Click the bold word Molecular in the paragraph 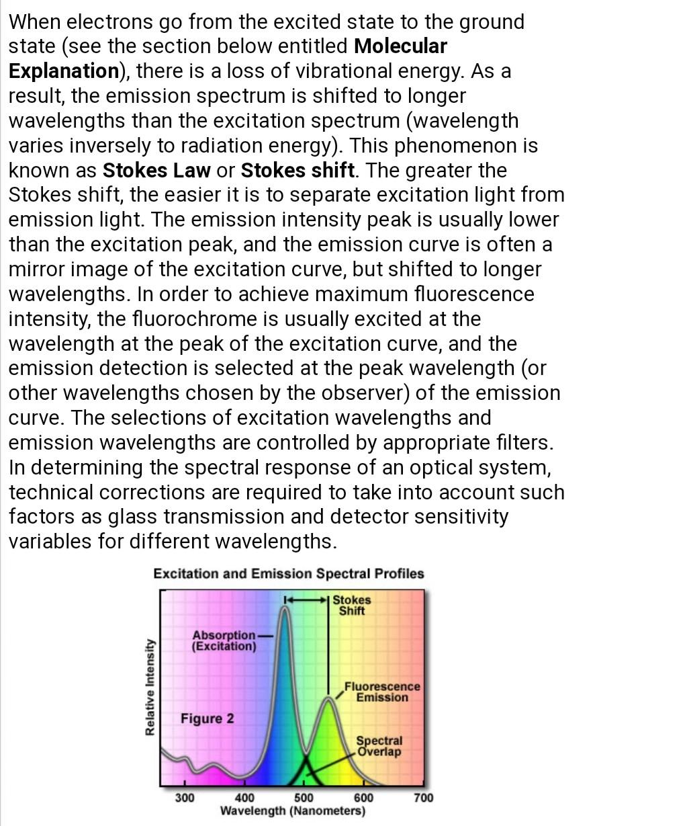coord(400,46)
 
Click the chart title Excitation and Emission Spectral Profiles coord(289,573)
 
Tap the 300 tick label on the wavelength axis coord(185,798)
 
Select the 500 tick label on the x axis coord(304,798)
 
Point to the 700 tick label coord(423,798)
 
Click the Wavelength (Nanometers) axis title coord(293,811)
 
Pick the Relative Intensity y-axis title coord(150,687)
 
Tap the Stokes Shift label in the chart coord(351,605)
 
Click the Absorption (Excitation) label coord(224,641)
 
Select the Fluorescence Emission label coord(382,692)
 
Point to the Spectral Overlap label coord(379,746)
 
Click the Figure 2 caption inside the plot coord(208,718)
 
